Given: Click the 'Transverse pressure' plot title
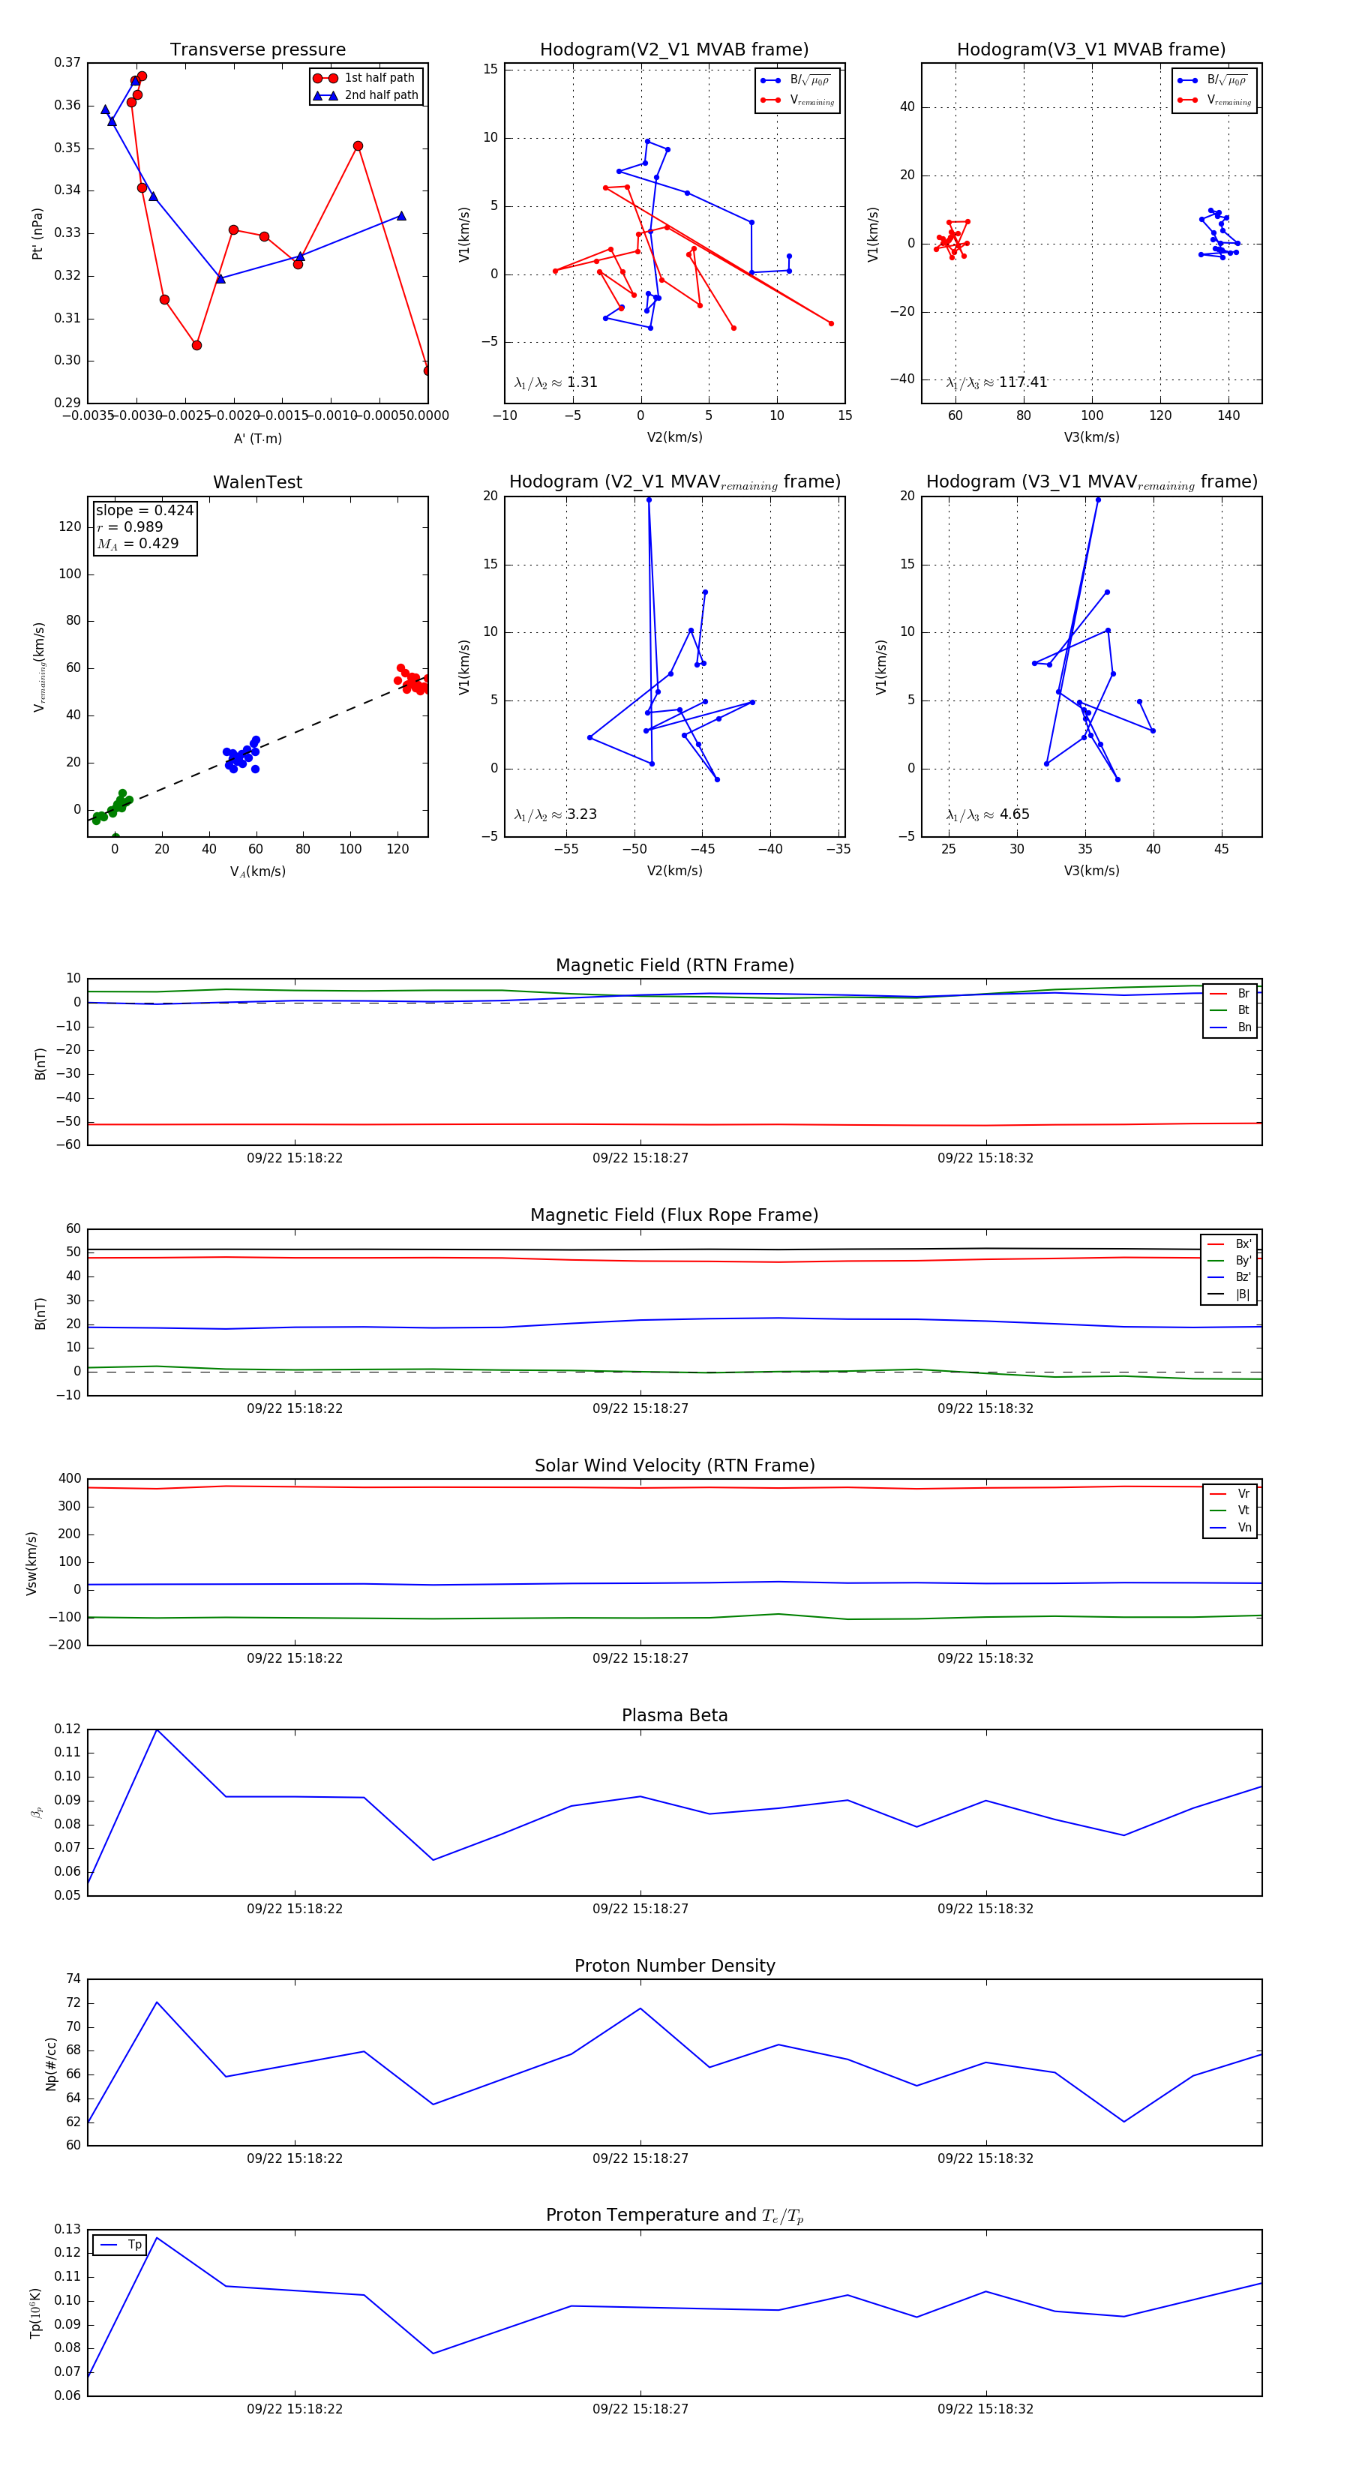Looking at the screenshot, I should pyautogui.click(x=257, y=50).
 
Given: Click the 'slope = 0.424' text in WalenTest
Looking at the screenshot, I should pyautogui.click(x=144, y=510).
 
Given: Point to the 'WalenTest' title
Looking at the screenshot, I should pyautogui.click(x=257, y=482).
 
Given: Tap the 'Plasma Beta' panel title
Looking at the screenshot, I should pyautogui.click(x=674, y=1715).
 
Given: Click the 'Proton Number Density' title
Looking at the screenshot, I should pyautogui.click(x=674, y=1966).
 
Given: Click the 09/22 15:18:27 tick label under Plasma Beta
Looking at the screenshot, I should pyautogui.click(x=640, y=1908).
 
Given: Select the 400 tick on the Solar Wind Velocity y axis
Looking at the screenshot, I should pyautogui.click(x=69, y=1479).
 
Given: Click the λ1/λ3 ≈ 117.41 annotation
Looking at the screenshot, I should pyautogui.click(x=997, y=382).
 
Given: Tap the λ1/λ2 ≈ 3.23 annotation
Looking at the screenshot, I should pyautogui.click(x=555, y=814).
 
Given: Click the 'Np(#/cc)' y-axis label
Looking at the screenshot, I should pyautogui.click(x=51, y=2064).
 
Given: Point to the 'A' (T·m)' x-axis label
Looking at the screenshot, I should pyautogui.click(x=257, y=438).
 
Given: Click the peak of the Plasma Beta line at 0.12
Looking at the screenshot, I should pyautogui.click(x=157, y=1729).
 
